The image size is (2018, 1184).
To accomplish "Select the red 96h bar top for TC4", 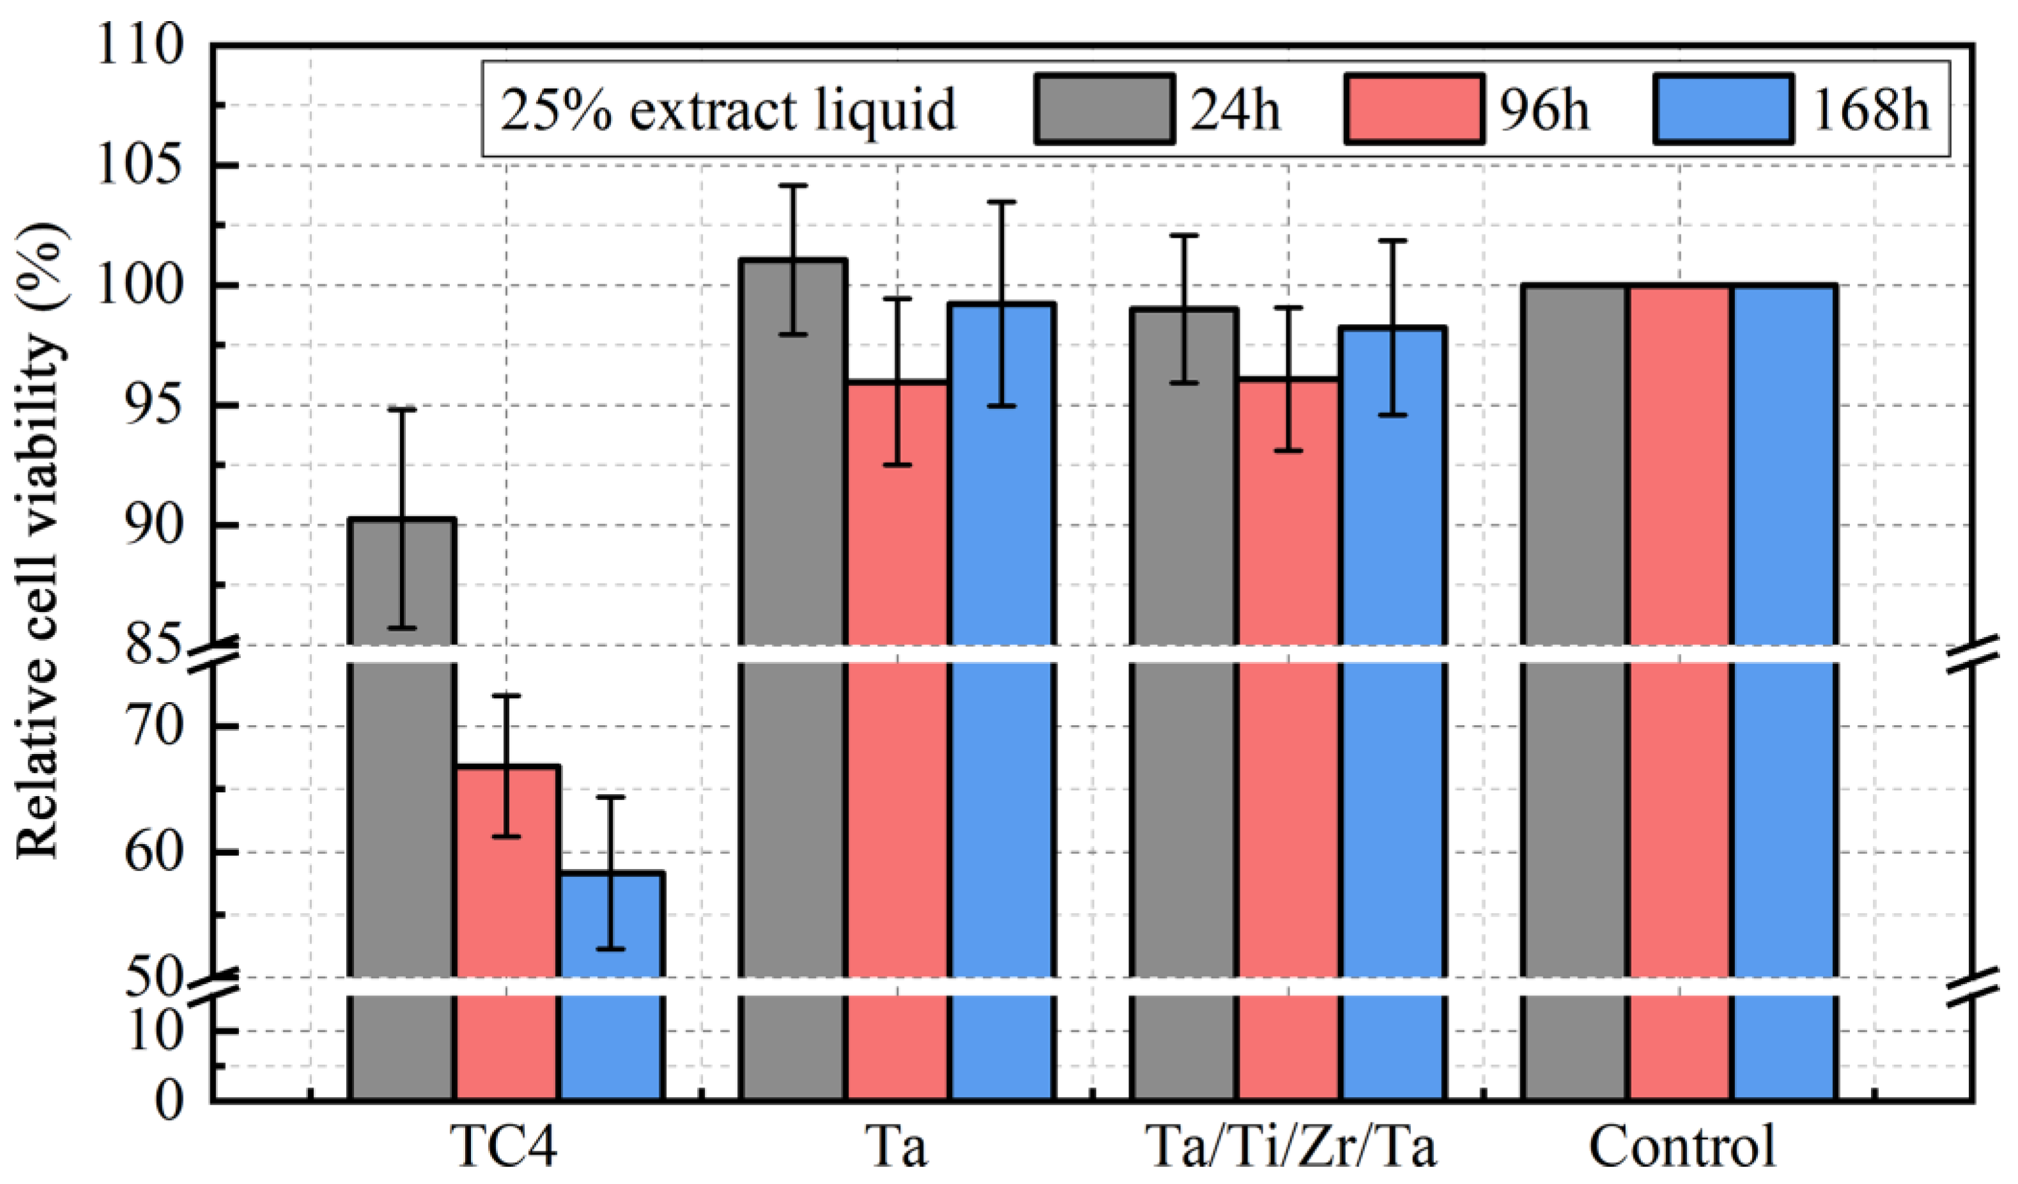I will coord(508,767).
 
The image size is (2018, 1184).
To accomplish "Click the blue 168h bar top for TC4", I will coord(611,873).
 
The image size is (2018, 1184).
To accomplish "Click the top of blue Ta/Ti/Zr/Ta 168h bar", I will coord(1394,328).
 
